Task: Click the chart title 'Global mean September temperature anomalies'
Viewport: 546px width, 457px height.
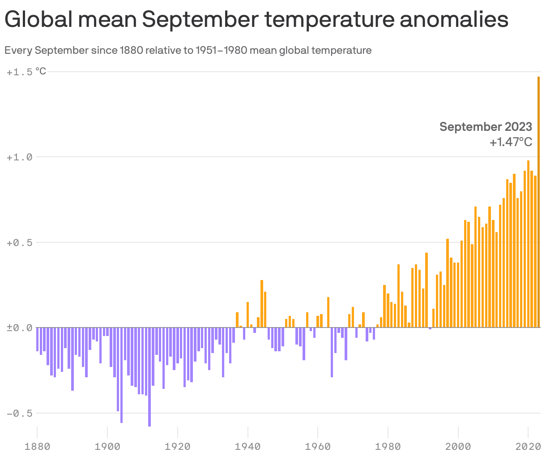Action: click(x=256, y=20)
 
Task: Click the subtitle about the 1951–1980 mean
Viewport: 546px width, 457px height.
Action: click(x=188, y=50)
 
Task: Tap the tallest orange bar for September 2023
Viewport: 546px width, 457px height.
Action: click(x=538, y=202)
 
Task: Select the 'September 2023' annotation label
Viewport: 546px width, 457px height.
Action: click(x=486, y=127)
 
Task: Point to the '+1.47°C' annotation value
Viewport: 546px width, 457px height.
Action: click(x=511, y=142)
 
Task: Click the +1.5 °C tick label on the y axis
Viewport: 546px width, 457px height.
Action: click(x=26, y=72)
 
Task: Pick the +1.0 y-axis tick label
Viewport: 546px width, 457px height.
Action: click(x=20, y=157)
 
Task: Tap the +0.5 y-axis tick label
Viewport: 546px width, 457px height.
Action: click(x=20, y=242)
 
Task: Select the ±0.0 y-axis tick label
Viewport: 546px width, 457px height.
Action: click(x=20, y=328)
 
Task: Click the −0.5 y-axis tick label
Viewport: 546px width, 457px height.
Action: click(x=20, y=413)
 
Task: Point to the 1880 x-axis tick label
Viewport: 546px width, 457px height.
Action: click(x=37, y=446)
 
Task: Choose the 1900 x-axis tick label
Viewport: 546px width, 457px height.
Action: click(x=107, y=446)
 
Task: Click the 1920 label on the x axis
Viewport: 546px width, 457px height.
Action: click(x=178, y=446)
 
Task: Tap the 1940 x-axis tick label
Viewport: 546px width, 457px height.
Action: click(x=247, y=446)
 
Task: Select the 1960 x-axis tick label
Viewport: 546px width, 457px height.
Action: click(x=318, y=446)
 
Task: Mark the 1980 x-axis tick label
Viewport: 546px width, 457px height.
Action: click(x=388, y=446)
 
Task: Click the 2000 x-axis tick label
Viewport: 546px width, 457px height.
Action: click(x=458, y=446)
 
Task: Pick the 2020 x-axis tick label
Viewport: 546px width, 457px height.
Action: click(x=528, y=446)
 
